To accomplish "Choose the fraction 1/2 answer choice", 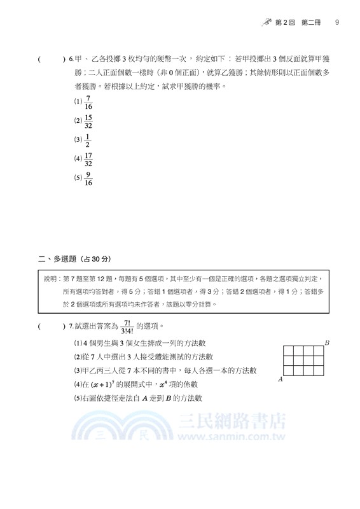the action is pos(88,140).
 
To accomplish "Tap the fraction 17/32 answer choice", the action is pos(88,159).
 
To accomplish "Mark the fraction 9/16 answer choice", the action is pos(88,179).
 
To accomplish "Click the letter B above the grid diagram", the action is pos(326,343).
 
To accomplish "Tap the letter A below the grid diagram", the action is pos(280,379).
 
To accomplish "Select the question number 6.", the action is pos(71,60).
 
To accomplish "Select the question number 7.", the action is pos(71,326).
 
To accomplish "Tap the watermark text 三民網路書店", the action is pos(232,422).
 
